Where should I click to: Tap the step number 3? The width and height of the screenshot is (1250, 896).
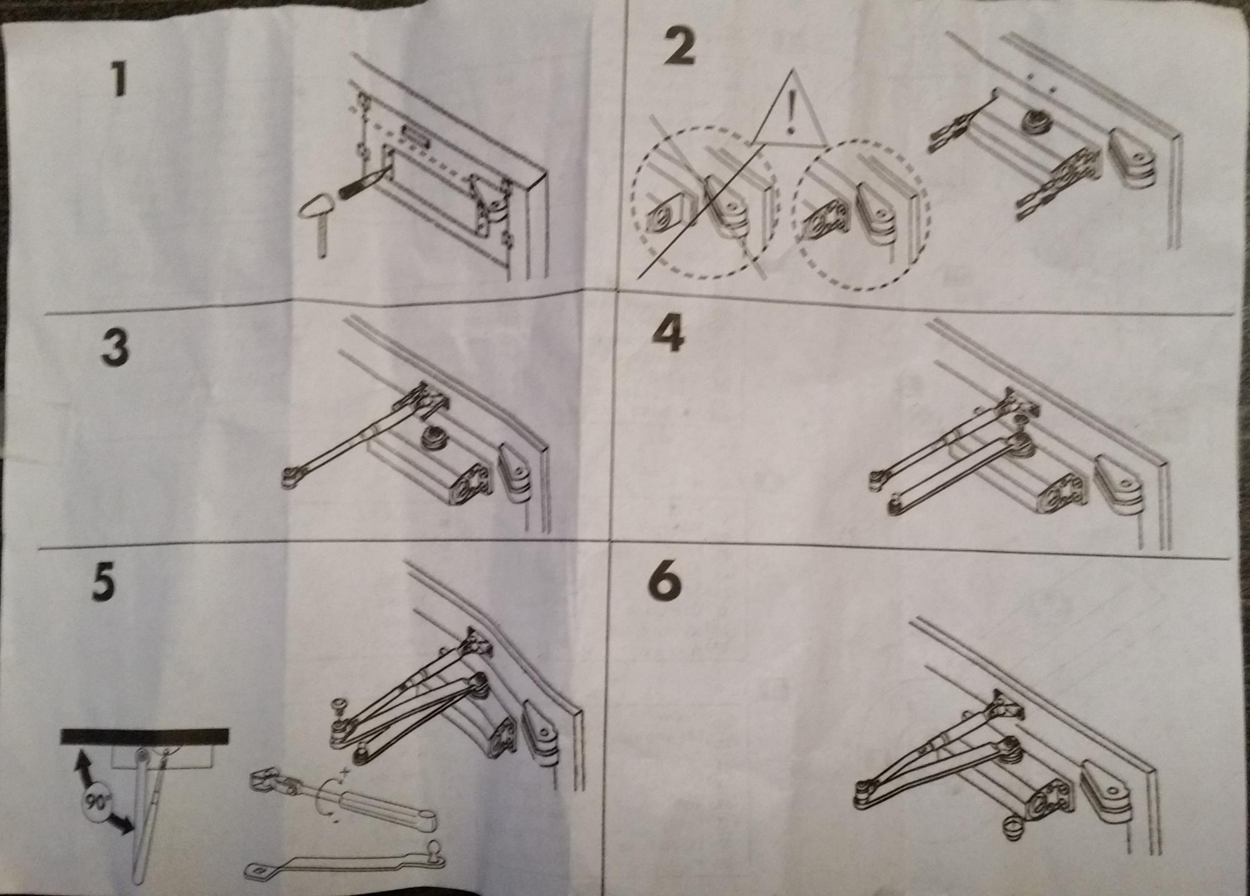(116, 347)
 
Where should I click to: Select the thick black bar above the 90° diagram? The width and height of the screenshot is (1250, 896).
(145, 736)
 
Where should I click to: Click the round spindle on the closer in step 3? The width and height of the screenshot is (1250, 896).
(431, 437)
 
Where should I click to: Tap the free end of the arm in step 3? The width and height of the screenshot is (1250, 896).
(291, 479)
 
